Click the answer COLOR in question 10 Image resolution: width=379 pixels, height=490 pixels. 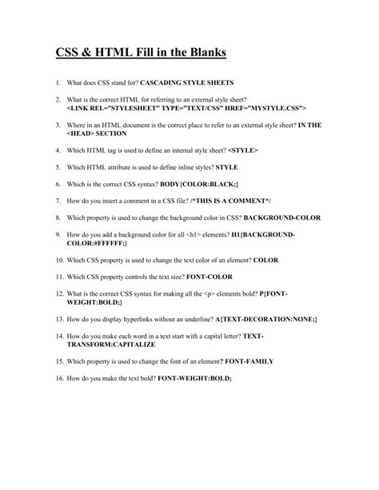pyautogui.click(x=266, y=260)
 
